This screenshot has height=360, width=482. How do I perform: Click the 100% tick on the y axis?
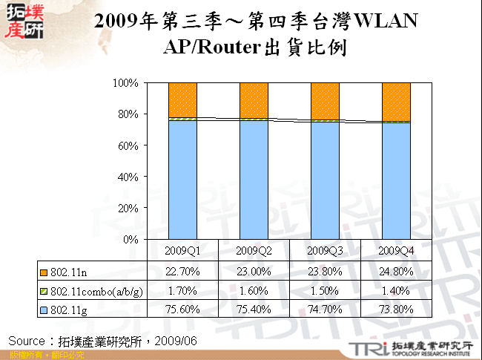click(x=126, y=83)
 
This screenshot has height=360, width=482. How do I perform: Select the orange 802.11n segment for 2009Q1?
click(x=182, y=100)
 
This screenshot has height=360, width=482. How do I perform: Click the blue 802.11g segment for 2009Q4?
click(x=396, y=181)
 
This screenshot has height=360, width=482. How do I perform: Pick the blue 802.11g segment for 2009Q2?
click(x=254, y=180)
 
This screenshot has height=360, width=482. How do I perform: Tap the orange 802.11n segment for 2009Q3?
click(x=325, y=101)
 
